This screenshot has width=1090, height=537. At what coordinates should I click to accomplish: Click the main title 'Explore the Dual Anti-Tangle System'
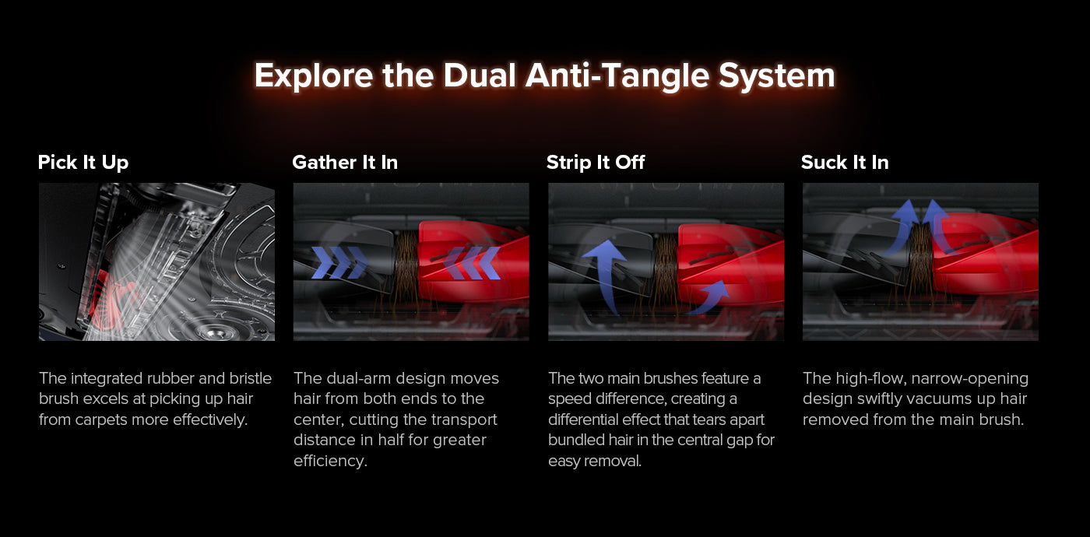coord(544,76)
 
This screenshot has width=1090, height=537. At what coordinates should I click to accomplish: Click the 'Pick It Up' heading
coord(83,163)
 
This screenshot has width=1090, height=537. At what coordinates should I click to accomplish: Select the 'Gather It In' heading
coord(345,163)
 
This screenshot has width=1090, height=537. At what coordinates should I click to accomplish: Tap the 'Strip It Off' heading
coord(596,163)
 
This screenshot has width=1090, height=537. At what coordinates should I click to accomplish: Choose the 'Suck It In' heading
coord(845,163)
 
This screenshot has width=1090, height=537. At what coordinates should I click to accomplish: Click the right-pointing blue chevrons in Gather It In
coord(339,263)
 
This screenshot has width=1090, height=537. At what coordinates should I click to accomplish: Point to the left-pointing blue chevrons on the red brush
coord(471,263)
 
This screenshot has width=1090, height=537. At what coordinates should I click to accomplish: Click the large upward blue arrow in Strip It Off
coord(605,277)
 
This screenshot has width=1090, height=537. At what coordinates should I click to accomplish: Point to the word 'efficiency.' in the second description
coord(330,460)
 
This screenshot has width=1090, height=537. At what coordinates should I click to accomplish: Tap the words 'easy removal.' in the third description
coord(595,461)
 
